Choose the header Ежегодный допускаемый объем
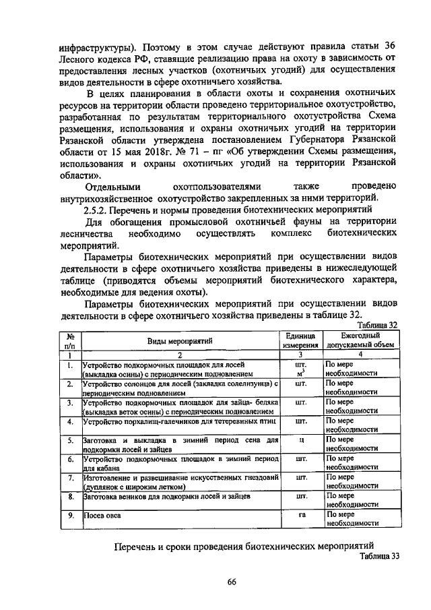tap(360, 340)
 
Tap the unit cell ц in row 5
tap(300, 440)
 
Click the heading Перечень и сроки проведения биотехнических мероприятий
tap(243, 546)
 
